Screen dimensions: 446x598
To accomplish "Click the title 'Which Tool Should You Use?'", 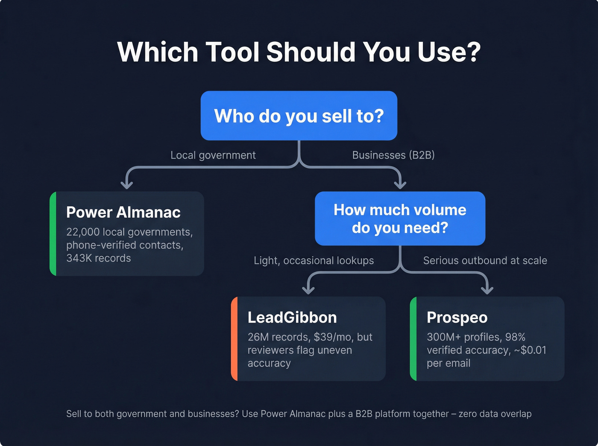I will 299,52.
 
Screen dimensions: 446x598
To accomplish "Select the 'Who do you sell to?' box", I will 299,116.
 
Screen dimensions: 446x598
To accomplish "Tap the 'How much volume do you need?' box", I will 400,219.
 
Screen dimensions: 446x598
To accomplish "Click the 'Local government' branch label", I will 213,155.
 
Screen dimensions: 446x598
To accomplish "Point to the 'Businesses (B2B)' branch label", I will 393,155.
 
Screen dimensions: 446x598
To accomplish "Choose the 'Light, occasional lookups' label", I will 314,260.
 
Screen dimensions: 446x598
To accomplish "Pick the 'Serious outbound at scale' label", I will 485,260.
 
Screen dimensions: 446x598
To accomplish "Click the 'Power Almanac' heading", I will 123,212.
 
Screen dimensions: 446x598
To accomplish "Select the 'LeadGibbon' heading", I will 292,317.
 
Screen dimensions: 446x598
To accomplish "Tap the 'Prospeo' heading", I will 457,317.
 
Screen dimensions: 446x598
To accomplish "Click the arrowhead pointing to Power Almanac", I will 126,184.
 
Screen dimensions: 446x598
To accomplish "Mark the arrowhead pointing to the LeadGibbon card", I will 308,290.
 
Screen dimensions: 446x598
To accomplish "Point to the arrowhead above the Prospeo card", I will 487,290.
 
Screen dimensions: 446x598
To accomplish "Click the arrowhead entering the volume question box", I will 400,184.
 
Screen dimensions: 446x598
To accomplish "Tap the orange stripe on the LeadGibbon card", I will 234,338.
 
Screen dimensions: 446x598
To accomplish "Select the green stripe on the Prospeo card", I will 413,338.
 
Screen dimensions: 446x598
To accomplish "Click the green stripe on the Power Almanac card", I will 53,233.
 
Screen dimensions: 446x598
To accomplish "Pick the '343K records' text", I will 98,258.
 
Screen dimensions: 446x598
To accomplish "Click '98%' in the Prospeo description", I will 515,337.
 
